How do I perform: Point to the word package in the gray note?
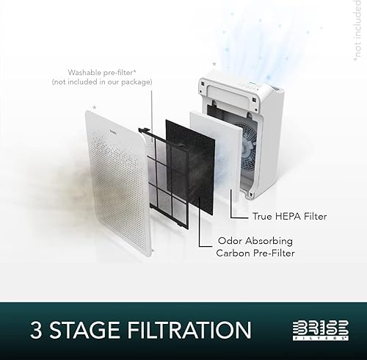pyautogui.click(x=134, y=82)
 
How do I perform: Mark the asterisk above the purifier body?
pyautogui.click(x=214, y=65)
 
